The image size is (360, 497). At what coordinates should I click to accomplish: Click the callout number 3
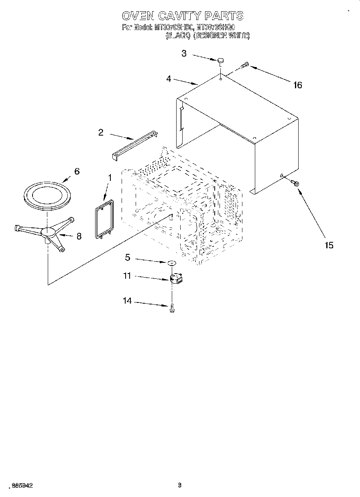[184, 53]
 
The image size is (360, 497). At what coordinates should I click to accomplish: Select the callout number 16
[297, 85]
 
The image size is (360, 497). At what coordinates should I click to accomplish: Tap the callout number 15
[329, 245]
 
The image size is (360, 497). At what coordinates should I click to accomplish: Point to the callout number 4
[169, 79]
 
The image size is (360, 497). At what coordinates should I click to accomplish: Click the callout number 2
[101, 132]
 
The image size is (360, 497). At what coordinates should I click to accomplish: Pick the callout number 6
[77, 171]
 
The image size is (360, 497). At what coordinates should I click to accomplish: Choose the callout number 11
[127, 276]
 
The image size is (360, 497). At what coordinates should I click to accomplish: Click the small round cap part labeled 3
[220, 61]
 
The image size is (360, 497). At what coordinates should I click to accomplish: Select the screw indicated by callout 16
[244, 65]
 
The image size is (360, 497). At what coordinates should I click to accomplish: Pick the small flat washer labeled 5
[172, 263]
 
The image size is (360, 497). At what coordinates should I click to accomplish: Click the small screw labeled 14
[172, 308]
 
